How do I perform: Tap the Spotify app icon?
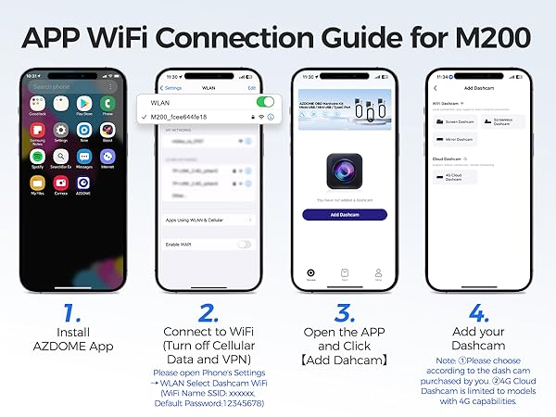[x=39, y=156]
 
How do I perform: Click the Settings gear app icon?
[x=61, y=130]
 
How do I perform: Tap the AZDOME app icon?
[x=83, y=183]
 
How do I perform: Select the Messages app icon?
[x=83, y=156]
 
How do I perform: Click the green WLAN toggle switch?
[x=265, y=102]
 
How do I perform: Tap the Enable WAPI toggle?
[x=245, y=244]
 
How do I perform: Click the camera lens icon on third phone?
[x=345, y=171]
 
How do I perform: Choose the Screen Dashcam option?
[x=453, y=121]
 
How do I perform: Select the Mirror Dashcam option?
[x=453, y=140]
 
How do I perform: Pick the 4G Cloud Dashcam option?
[x=453, y=176]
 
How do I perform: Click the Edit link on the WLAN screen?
[x=250, y=87]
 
